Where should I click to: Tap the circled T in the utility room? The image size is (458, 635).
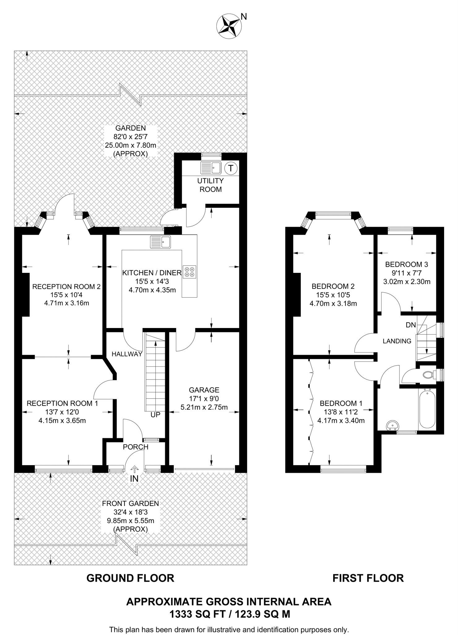[230, 168]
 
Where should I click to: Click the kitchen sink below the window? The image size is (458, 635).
[160, 242]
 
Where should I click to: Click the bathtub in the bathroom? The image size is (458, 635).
[427, 409]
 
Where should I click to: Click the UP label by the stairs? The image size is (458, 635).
[155, 415]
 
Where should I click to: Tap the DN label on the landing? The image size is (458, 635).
[411, 325]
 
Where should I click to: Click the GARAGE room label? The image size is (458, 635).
[204, 390]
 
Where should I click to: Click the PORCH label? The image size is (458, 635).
[136, 447]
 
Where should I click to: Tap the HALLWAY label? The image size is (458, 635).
[127, 354]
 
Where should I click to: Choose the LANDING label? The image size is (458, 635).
[397, 341]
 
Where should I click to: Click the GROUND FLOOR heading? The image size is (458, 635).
[130, 578]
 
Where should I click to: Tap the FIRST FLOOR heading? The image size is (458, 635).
[368, 578]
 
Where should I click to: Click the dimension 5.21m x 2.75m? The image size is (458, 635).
[204, 407]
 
